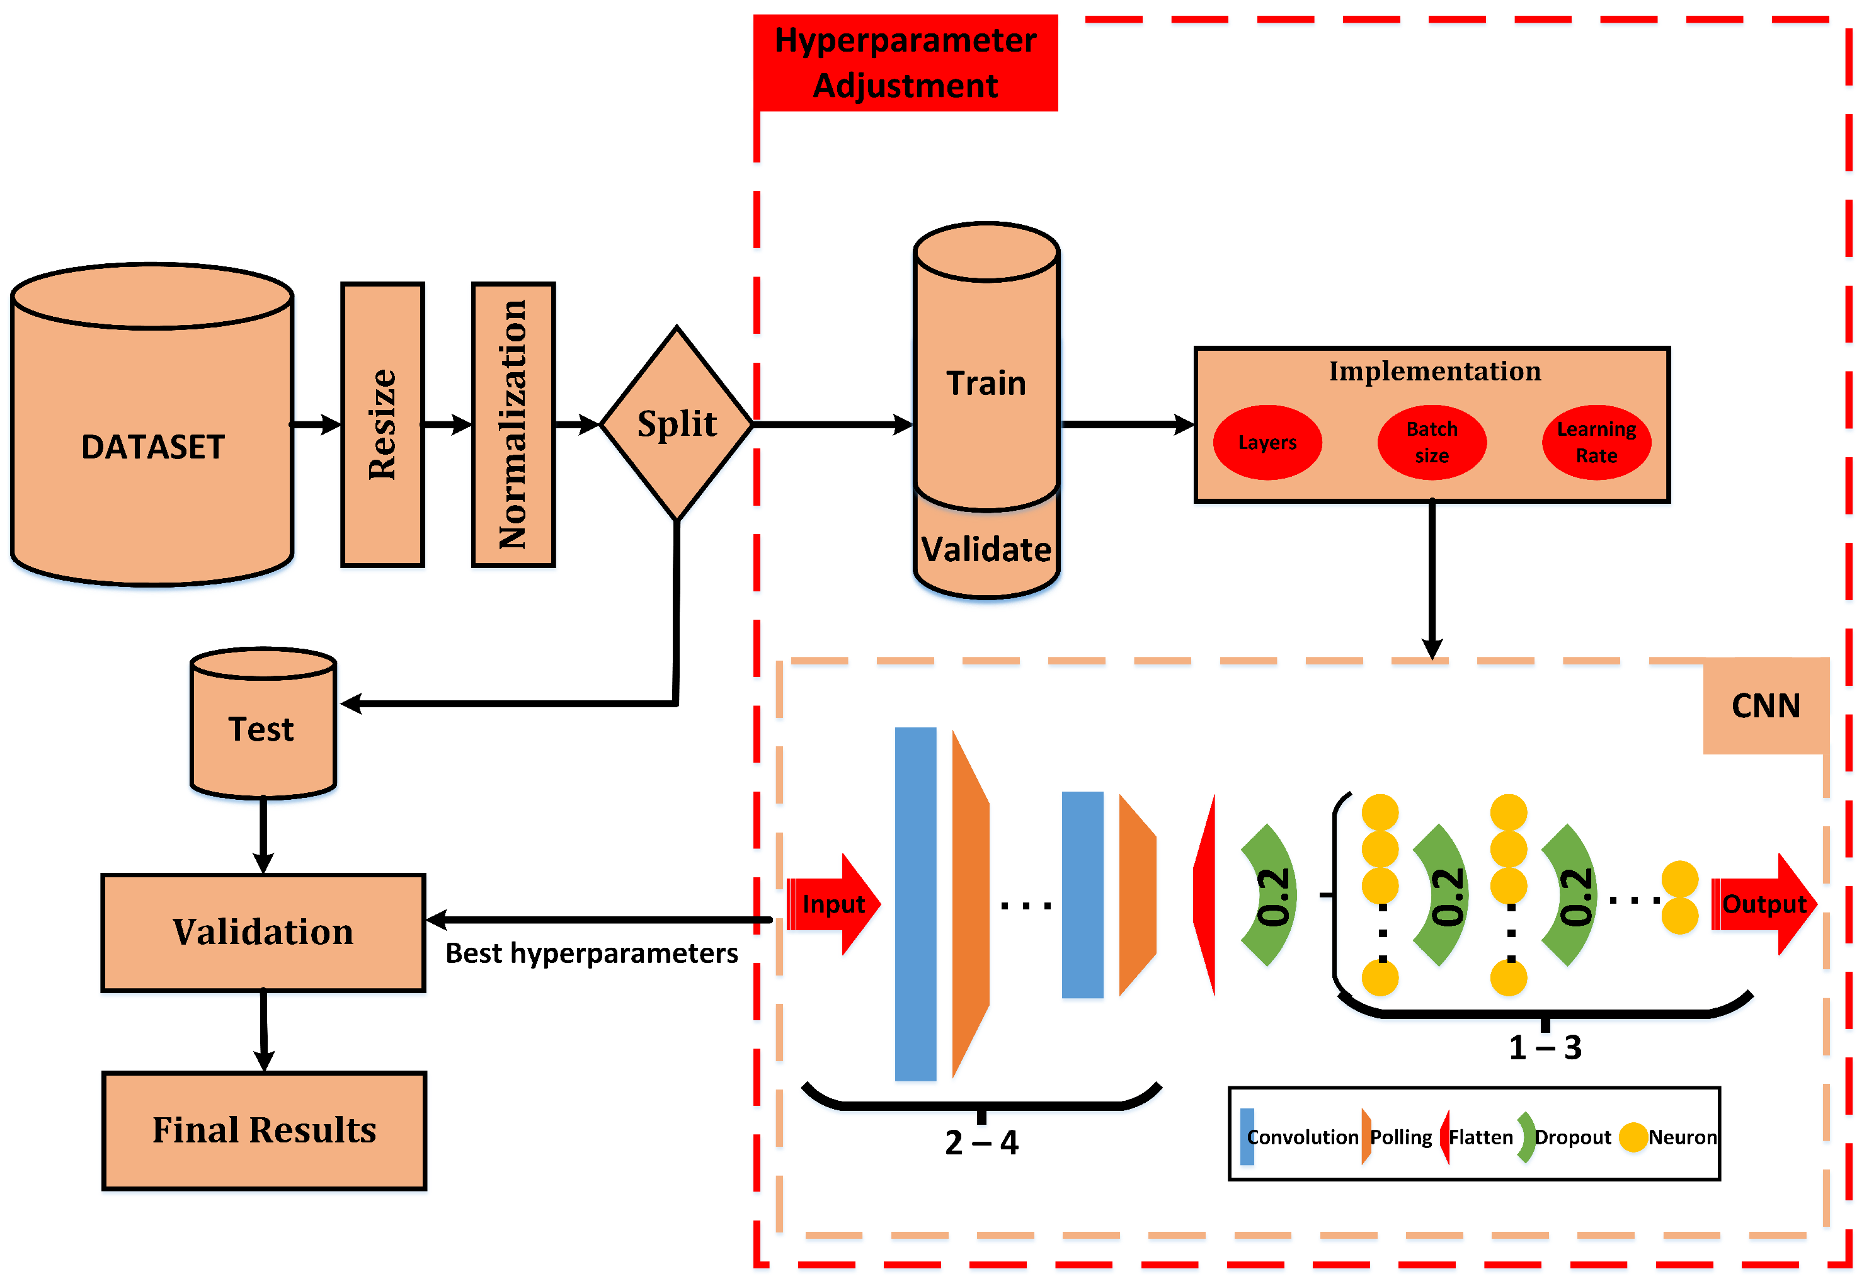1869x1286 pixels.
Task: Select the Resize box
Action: [x=383, y=424]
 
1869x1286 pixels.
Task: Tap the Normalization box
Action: [x=513, y=424]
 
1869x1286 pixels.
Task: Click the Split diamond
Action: [x=677, y=424]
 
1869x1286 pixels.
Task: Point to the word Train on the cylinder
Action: [x=986, y=384]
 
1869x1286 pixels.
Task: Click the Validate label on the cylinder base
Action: [x=986, y=550]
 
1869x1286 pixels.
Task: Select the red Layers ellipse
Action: [x=1267, y=442]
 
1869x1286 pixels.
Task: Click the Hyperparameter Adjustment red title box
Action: [x=905, y=63]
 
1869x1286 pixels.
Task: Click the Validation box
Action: [x=263, y=932]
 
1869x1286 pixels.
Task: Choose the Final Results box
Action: [x=265, y=1130]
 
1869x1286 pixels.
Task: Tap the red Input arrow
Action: [x=833, y=904]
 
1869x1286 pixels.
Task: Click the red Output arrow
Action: [x=1763, y=904]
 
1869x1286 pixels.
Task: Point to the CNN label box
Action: [x=1765, y=706]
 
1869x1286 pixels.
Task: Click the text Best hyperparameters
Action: [x=592, y=953]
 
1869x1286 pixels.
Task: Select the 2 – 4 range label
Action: [x=981, y=1142]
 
